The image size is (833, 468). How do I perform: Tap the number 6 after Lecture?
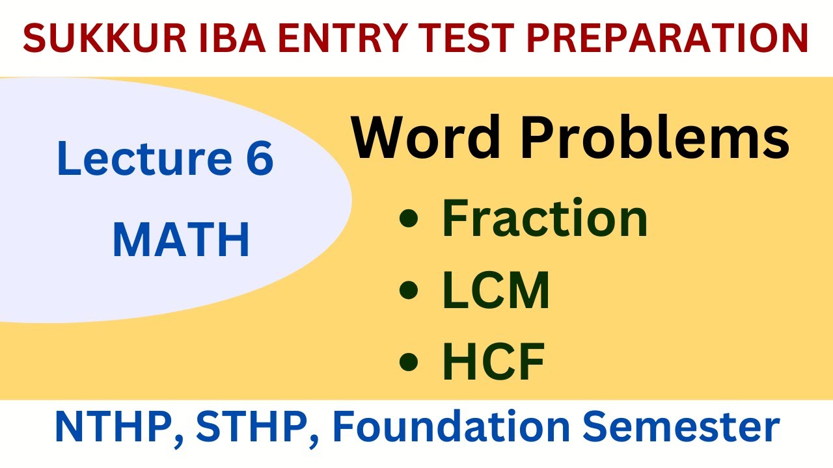258,159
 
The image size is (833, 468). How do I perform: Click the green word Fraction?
545,219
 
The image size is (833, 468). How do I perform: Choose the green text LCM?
496,291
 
